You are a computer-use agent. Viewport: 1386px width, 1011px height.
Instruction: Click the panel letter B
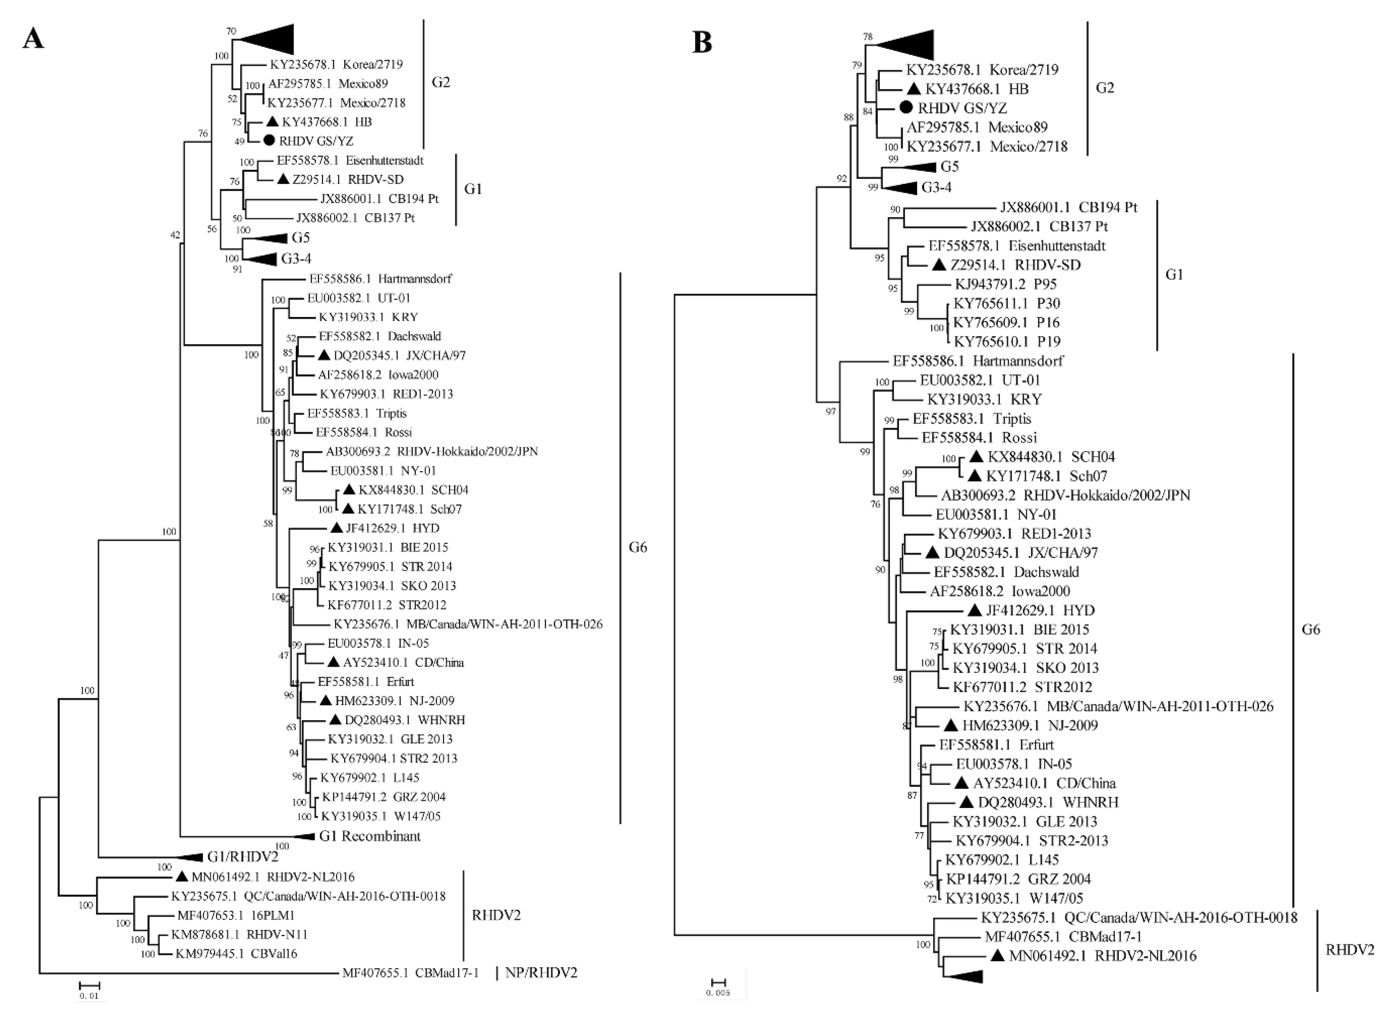(x=702, y=43)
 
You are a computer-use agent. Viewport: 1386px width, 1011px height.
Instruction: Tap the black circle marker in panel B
(x=907, y=108)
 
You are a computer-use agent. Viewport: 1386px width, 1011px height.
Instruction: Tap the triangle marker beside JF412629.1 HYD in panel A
(x=337, y=528)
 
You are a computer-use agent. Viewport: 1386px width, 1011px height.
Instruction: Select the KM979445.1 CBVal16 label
(x=236, y=954)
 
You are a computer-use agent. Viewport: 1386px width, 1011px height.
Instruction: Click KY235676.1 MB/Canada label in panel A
(x=467, y=624)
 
